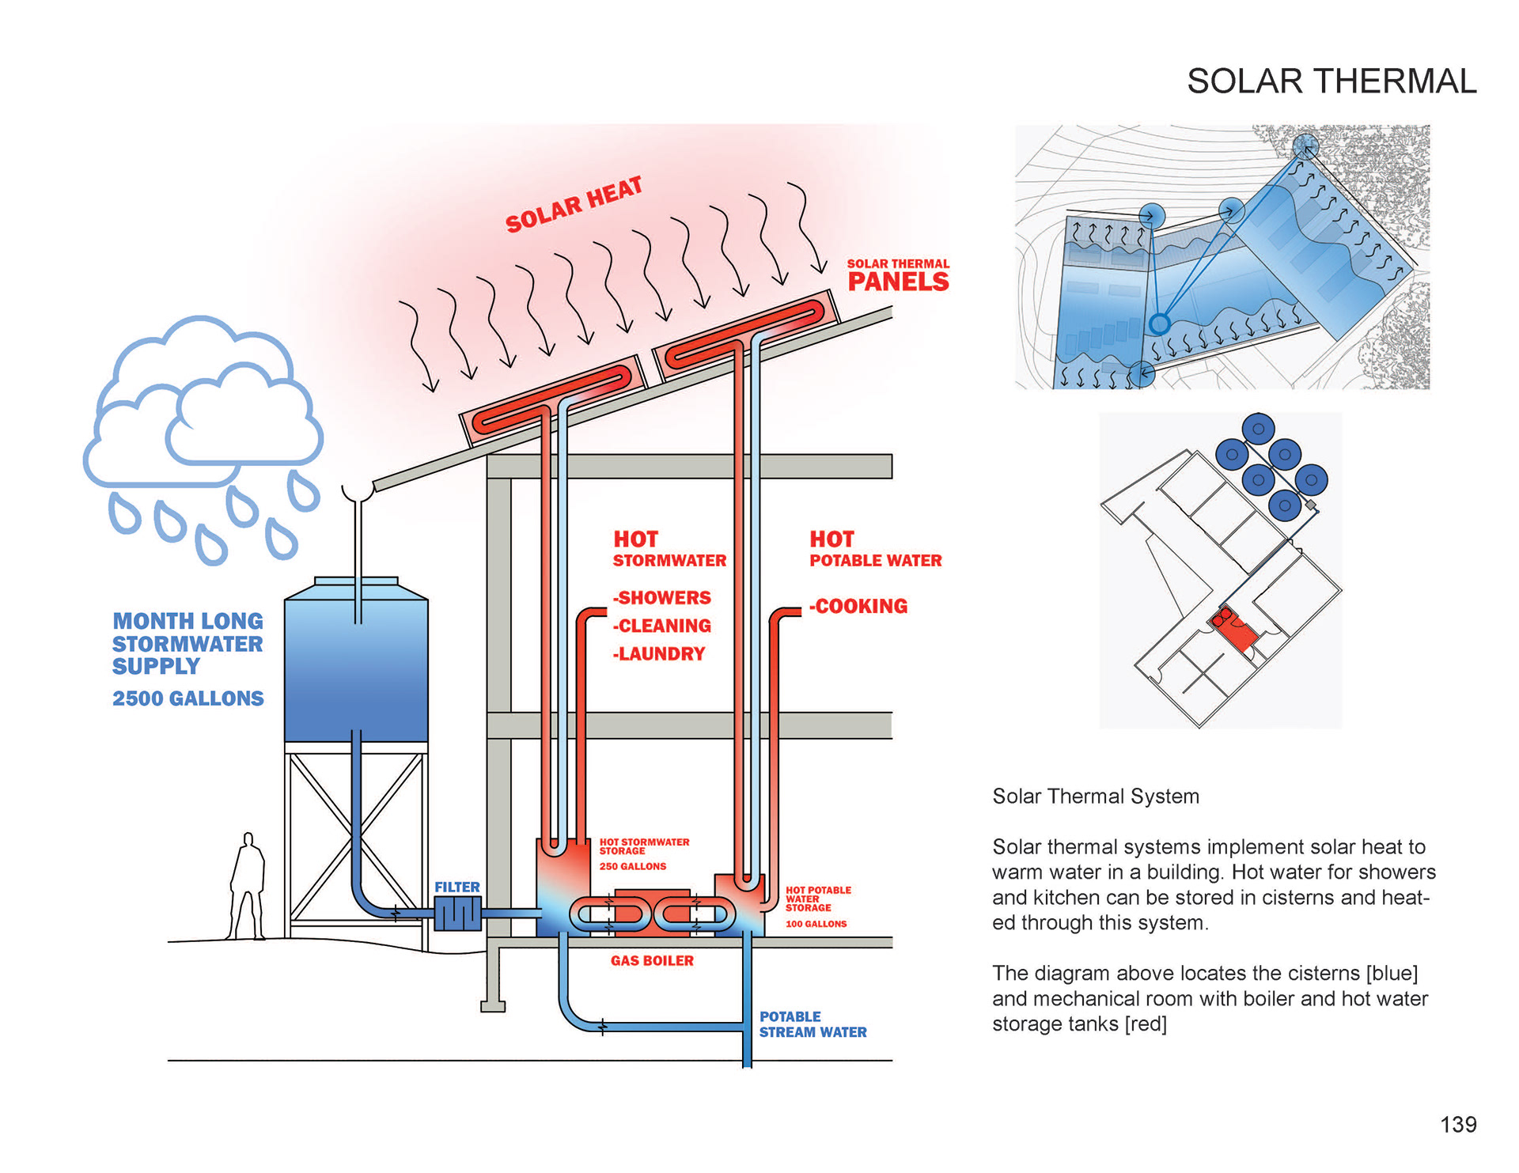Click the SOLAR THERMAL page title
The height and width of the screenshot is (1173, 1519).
click(x=1331, y=81)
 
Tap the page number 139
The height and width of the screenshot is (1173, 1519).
click(x=1458, y=1124)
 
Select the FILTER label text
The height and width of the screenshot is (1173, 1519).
click(x=457, y=887)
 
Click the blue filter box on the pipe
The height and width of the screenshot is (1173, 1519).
click(x=457, y=915)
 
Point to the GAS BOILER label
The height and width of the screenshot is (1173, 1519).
click(x=652, y=960)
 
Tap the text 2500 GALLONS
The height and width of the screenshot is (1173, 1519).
click(x=188, y=698)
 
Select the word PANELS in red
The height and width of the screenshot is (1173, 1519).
click(x=898, y=282)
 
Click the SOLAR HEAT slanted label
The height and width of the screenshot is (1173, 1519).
click(x=574, y=205)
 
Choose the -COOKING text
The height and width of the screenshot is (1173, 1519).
click(x=858, y=607)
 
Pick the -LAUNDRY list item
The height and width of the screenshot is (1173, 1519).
click(x=659, y=654)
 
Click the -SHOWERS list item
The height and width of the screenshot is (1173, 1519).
click(x=662, y=598)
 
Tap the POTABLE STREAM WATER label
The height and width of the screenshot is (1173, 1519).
click(x=813, y=1024)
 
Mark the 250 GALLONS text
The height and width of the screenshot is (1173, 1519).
click(x=633, y=866)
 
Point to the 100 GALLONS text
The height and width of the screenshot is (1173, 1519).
click(x=816, y=924)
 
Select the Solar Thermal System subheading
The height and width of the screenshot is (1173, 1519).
click(x=1096, y=797)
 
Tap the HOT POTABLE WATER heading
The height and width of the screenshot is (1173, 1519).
click(x=875, y=550)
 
